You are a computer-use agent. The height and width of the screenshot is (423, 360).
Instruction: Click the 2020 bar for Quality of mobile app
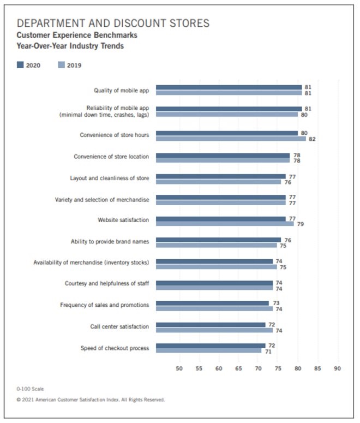point(229,87)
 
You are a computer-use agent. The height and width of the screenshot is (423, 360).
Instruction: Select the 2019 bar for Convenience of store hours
point(231,139)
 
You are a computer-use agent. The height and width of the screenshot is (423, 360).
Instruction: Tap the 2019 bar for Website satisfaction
point(225,224)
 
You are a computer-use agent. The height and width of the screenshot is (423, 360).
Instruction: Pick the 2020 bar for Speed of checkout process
point(211,345)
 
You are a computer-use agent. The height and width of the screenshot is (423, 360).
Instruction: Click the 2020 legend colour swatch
point(20,65)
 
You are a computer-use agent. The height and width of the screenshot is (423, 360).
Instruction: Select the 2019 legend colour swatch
point(61,65)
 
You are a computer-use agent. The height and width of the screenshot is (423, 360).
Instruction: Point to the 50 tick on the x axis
point(179,368)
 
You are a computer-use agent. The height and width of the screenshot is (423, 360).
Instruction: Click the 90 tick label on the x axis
point(337,368)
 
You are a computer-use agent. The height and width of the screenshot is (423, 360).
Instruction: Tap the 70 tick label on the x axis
point(258,368)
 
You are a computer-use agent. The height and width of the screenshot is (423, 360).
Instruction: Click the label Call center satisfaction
point(119,326)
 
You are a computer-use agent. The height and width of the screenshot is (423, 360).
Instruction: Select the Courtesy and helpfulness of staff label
point(107,284)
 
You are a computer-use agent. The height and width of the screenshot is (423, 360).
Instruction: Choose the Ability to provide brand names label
point(110,241)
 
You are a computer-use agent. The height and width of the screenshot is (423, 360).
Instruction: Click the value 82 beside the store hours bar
point(312,139)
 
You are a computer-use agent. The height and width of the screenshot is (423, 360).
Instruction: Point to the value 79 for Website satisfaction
point(300,224)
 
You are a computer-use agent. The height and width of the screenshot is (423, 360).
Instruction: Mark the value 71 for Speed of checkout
point(268,351)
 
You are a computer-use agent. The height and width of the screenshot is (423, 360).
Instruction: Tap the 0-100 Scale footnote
point(30,389)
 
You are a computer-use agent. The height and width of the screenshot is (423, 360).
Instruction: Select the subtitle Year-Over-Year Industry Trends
point(70,46)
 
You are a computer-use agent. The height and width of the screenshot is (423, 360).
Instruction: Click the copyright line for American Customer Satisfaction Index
point(91,400)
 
